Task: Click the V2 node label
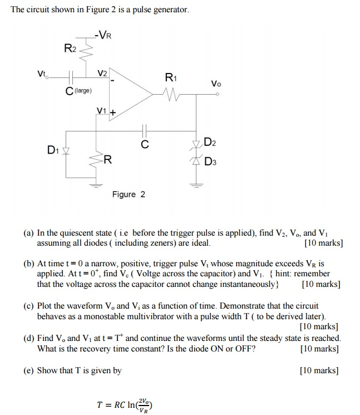pyautogui.click(x=102, y=74)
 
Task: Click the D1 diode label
pyautogui.click(x=53, y=149)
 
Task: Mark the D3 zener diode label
pyautogui.click(x=210, y=162)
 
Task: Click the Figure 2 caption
pyautogui.click(x=129, y=194)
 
